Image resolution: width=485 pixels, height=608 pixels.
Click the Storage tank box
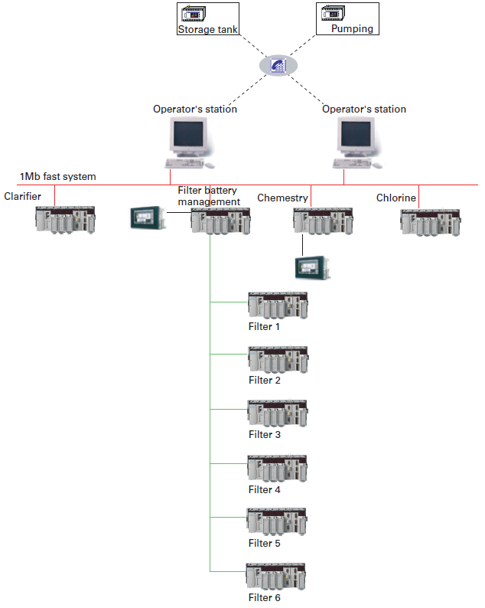(208, 19)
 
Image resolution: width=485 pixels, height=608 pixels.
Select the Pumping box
(347, 19)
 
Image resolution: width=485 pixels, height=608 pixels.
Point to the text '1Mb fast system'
(58, 177)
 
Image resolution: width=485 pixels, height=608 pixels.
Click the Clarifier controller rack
(65, 220)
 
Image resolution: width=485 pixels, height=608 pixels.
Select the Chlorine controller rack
(431, 221)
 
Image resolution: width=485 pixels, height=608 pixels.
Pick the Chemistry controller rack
(323, 221)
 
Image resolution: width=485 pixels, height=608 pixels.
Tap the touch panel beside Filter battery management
(147, 217)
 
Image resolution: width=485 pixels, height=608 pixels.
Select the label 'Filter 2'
(265, 381)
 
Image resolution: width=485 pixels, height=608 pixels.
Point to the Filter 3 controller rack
(277, 414)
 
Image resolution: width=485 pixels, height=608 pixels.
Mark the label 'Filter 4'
(265, 489)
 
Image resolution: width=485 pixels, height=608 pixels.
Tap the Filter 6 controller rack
(276, 577)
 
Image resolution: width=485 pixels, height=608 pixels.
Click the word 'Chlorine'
(396, 198)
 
